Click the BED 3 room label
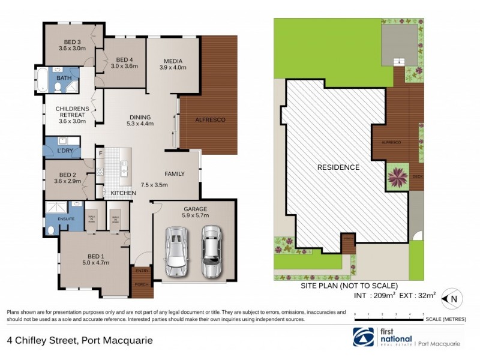coord(70,41)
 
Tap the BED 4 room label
coord(124,59)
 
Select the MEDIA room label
coord(173,61)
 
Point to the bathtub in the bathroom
coord(43,80)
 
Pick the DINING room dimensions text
coord(140,124)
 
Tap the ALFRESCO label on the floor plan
coord(211,120)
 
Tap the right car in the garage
coord(211,250)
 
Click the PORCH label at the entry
coord(142,284)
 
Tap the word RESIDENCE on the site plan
coord(338,167)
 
